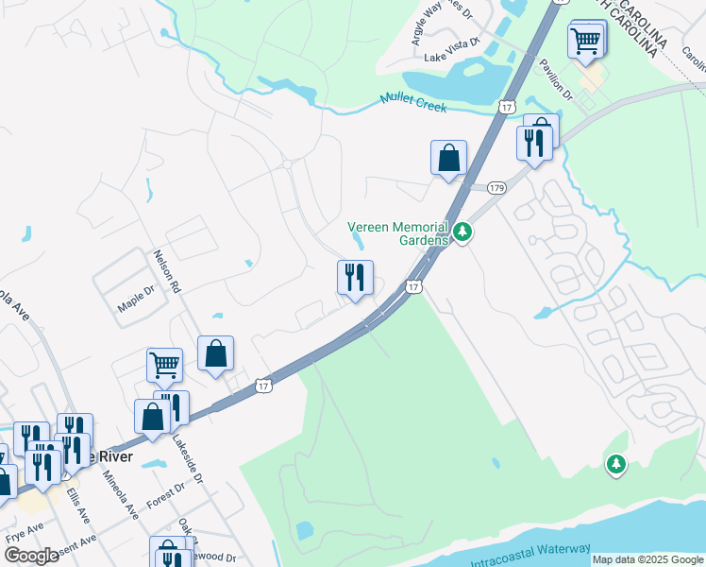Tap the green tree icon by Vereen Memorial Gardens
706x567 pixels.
pos(462,231)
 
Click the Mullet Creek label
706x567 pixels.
pos(413,102)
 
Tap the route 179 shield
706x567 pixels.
pos(497,188)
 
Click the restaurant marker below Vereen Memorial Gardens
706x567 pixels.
pos(355,278)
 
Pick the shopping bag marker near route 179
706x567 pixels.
pos(449,158)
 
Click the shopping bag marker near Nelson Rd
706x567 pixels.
pos(216,353)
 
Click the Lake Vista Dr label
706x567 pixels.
pos(452,58)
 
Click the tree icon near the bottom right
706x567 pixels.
pos(615,463)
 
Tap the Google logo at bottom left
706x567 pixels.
pos(30,555)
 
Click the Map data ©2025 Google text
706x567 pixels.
pos(647,559)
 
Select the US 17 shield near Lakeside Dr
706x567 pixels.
pos(263,386)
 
